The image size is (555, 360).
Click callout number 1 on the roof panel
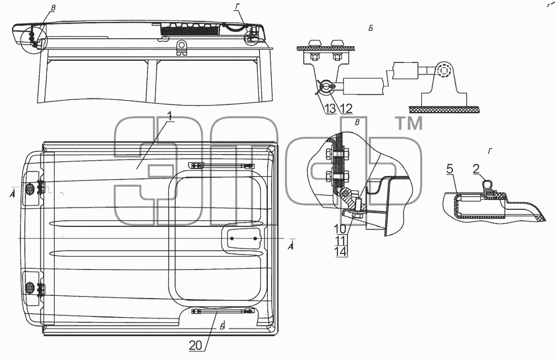point(170,116)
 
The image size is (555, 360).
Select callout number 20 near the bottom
point(196,346)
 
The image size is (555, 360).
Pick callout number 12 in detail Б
point(346,109)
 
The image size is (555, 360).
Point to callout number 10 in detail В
point(340,229)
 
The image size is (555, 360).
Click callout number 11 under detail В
point(340,241)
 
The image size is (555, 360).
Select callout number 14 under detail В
point(340,252)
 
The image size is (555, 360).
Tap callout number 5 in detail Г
point(450,169)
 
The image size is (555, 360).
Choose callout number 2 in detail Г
point(476,169)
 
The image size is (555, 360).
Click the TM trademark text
point(409,124)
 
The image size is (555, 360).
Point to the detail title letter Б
point(371,28)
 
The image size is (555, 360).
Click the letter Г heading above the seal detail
point(490,151)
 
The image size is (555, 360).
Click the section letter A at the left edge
point(12,194)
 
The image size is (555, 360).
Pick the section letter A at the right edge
point(291,246)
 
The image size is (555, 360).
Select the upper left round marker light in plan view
point(29,189)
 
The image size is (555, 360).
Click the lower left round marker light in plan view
point(29,288)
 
